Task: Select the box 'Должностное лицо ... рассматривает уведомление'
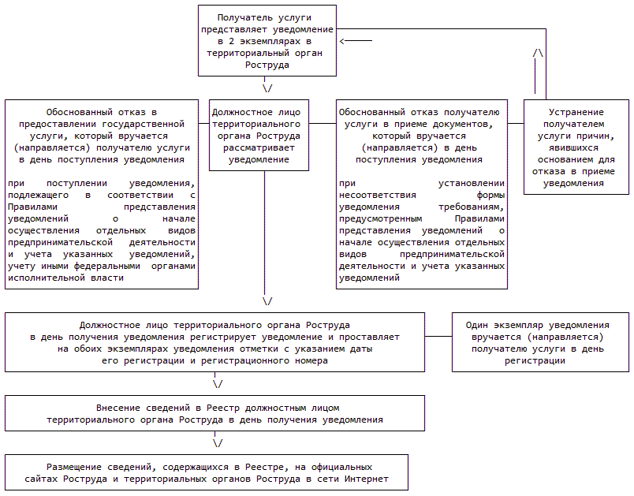259,135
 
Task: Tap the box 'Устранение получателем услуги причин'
576,147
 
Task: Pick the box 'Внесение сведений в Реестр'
216,414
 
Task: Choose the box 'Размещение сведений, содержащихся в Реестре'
209,472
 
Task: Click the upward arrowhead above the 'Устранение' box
539,53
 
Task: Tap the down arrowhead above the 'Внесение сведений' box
218,384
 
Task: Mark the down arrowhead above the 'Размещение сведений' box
218,442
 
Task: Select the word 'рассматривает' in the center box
258,147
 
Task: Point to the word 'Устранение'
576,113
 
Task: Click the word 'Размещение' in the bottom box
78,467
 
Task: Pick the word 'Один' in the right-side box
478,325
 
